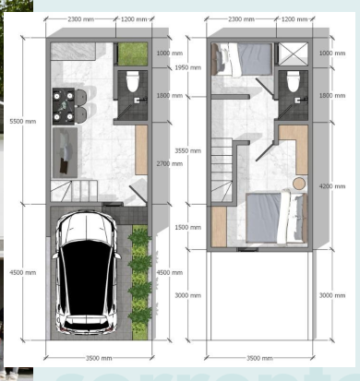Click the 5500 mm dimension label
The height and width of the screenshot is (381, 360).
pyautogui.click(x=23, y=121)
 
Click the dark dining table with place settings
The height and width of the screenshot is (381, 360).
pyautogui.click(x=68, y=101)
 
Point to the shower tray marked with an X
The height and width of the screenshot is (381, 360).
pyautogui.click(x=294, y=53)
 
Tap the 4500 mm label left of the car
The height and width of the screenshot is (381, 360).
pyautogui.click(x=23, y=272)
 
